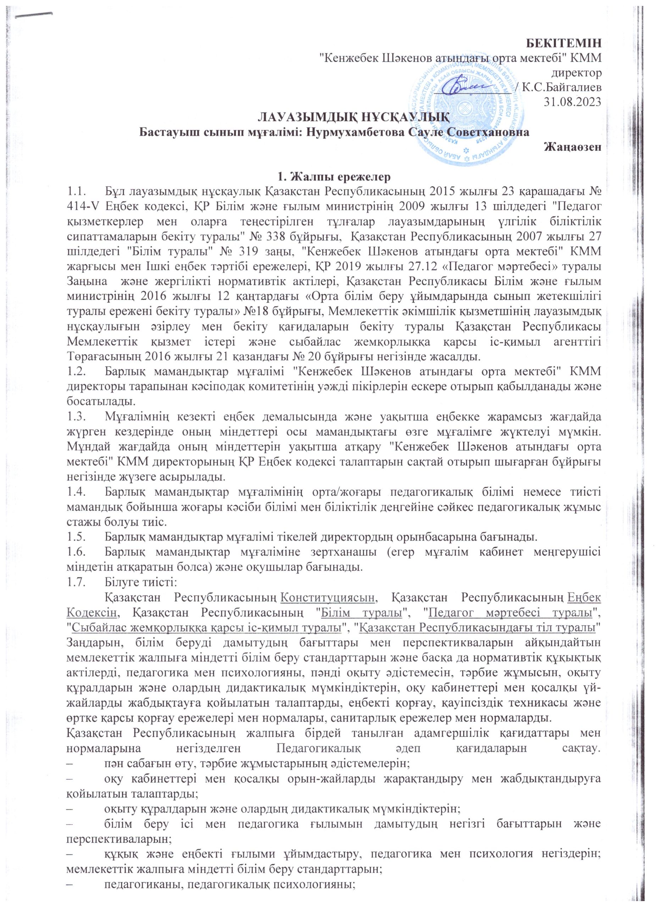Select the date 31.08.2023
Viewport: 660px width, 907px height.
(572, 102)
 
